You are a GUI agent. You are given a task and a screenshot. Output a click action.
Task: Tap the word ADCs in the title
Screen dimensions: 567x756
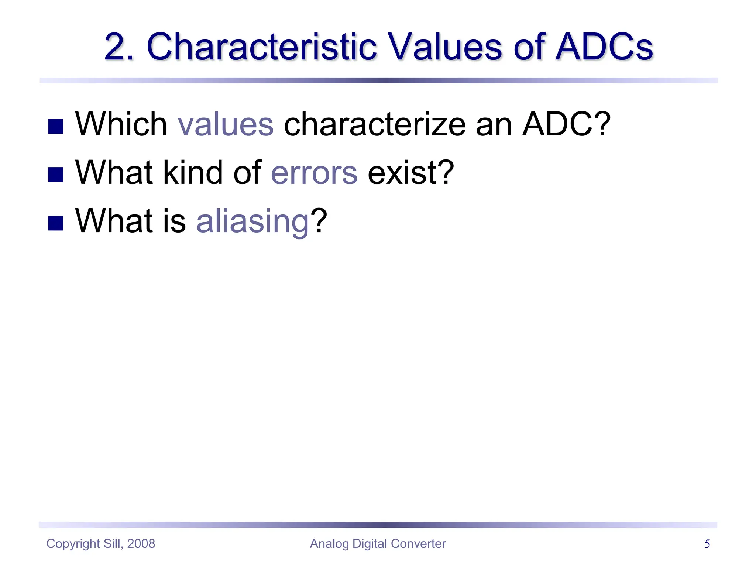[x=604, y=47]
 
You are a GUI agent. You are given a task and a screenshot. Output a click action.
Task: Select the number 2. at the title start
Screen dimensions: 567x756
[x=119, y=47]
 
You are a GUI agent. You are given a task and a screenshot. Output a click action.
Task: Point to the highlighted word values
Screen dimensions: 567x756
[x=226, y=124]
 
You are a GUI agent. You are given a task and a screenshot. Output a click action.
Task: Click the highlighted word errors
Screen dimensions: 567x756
[x=314, y=172]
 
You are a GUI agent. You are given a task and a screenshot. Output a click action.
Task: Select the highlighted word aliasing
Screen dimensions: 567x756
[x=252, y=221]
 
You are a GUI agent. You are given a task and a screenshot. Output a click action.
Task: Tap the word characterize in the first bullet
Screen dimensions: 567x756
[x=375, y=124]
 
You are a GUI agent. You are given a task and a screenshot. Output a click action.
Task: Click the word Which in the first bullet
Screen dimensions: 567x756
[x=121, y=124]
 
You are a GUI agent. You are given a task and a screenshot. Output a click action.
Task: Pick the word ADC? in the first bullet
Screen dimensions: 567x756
[x=567, y=124]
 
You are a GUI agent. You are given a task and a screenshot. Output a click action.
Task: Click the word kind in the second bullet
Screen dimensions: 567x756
[x=193, y=172]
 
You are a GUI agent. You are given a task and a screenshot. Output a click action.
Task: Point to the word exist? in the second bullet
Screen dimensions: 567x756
[x=411, y=172]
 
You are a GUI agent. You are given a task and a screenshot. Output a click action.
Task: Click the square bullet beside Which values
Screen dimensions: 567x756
[x=56, y=126]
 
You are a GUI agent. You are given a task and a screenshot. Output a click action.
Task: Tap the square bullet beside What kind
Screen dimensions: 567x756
[x=56, y=175]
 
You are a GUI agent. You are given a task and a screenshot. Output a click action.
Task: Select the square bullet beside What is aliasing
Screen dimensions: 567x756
[x=56, y=223]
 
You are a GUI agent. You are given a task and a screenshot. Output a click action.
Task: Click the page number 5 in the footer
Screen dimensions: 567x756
[x=707, y=544]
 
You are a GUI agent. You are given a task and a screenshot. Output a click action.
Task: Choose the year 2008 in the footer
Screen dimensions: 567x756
[x=141, y=544]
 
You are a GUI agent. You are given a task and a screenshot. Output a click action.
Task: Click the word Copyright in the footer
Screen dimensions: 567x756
[x=73, y=544]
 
